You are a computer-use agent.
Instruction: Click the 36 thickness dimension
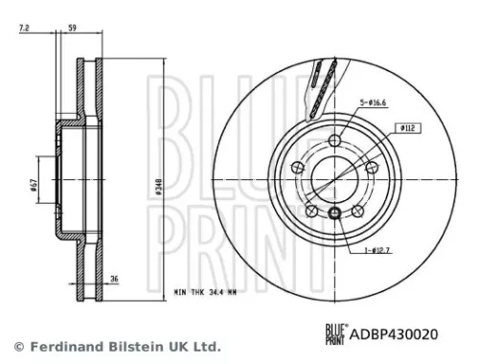pos(115,280)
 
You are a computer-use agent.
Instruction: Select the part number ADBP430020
pos(392,334)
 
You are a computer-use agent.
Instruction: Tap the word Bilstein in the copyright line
pos(125,345)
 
